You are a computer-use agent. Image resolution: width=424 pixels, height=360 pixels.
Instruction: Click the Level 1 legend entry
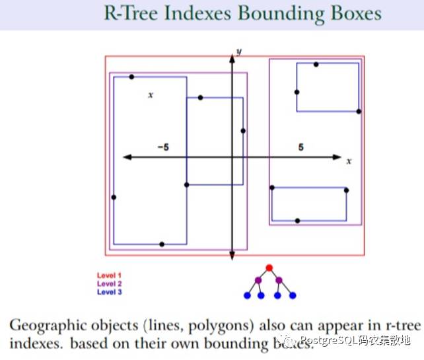(x=109, y=275)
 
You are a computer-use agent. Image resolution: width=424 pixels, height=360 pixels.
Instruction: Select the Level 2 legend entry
(x=109, y=283)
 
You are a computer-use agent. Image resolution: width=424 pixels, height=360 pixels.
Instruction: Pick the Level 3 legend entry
(x=109, y=291)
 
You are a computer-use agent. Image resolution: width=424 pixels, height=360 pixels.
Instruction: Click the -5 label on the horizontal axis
(x=163, y=147)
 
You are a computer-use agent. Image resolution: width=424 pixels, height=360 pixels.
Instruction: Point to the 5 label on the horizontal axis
(x=301, y=147)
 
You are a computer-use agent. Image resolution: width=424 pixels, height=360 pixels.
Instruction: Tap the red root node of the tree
(x=269, y=268)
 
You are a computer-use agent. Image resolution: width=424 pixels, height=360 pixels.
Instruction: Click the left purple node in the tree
(x=258, y=281)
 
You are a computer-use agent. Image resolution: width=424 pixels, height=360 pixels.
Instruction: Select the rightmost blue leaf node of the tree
(x=293, y=295)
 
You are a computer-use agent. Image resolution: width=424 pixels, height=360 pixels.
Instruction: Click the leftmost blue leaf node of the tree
(x=247, y=295)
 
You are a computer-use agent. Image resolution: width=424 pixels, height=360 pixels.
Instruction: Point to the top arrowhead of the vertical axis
(x=232, y=58)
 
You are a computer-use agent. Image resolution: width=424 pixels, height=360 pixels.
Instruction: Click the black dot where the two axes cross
(x=232, y=157)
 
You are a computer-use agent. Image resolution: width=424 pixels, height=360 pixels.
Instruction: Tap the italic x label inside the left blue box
(x=151, y=95)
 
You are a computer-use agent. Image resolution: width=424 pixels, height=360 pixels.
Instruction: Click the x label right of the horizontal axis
(x=349, y=161)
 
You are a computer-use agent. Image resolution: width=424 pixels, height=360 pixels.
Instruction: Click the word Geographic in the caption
(x=43, y=326)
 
